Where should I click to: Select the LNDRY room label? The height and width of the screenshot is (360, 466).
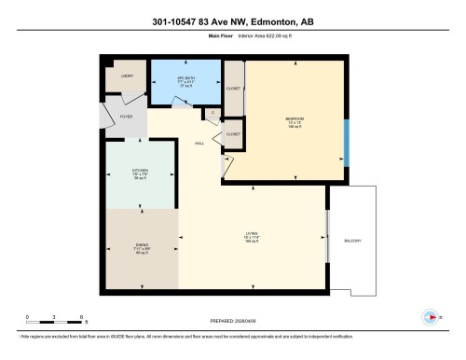[x=127, y=76]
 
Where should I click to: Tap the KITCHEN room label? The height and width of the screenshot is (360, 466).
[x=142, y=172]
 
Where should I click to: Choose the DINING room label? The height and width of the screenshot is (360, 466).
[x=142, y=249]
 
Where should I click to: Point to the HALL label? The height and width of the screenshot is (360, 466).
[x=199, y=144]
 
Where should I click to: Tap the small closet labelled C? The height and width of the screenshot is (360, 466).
[x=212, y=113]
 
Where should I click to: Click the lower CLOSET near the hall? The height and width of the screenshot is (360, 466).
[x=233, y=134]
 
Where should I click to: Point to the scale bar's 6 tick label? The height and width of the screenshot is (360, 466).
[x=83, y=318]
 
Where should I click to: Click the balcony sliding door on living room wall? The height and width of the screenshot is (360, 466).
[x=327, y=236]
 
